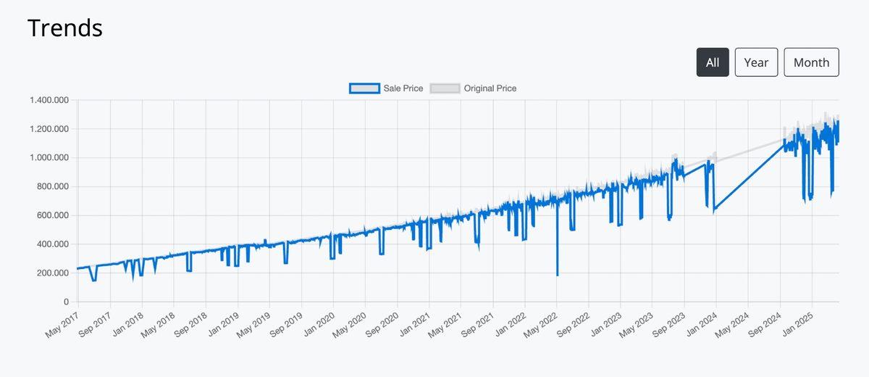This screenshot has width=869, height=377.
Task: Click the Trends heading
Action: click(x=65, y=28)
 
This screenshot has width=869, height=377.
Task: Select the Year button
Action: click(x=756, y=62)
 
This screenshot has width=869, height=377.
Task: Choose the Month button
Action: click(x=811, y=62)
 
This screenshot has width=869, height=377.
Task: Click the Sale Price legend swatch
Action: click(x=364, y=88)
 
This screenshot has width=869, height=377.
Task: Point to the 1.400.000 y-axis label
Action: click(x=49, y=100)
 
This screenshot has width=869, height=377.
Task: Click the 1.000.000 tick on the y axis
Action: click(x=49, y=158)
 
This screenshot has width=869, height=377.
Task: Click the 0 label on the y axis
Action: click(x=66, y=302)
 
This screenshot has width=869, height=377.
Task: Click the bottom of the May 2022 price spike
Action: click(x=557, y=275)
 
